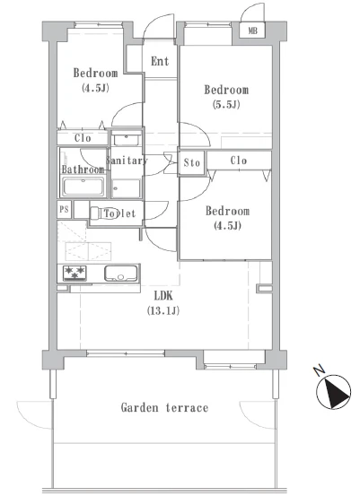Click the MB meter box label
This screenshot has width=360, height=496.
[252, 30]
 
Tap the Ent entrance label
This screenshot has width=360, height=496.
[160, 61]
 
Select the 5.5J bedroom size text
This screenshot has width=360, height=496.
[226, 105]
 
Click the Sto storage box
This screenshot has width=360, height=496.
[191, 163]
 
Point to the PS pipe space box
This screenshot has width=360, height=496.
[65, 209]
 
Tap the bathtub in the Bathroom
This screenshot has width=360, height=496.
[83, 187]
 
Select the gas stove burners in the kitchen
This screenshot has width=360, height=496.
[75, 273]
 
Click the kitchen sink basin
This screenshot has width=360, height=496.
[121, 273]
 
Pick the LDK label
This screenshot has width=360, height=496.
[163, 296]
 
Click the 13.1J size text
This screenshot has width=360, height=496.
[163, 311]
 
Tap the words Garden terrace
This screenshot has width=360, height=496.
[164, 407]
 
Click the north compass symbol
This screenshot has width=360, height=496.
[334, 392]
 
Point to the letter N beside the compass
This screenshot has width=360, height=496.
[320, 370]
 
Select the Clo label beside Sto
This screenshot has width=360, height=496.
[239, 161]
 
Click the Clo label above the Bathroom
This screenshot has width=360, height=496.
[83, 138]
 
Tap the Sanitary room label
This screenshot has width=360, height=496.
[127, 161]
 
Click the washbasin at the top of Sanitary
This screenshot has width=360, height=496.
[127, 140]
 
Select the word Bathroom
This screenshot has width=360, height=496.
[83, 170]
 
